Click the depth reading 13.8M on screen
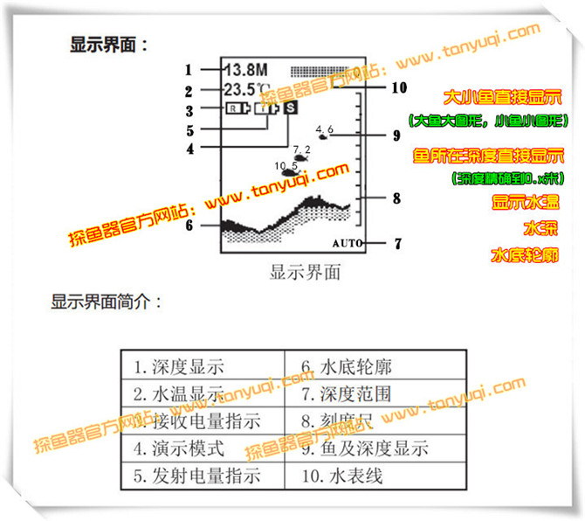point(245,69)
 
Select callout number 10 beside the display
point(399,87)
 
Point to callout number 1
point(188,69)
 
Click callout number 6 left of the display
point(189,225)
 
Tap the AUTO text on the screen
point(347,243)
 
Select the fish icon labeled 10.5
point(287,171)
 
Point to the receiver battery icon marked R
point(236,109)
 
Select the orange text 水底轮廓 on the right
point(525,256)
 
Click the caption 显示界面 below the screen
point(305,271)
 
